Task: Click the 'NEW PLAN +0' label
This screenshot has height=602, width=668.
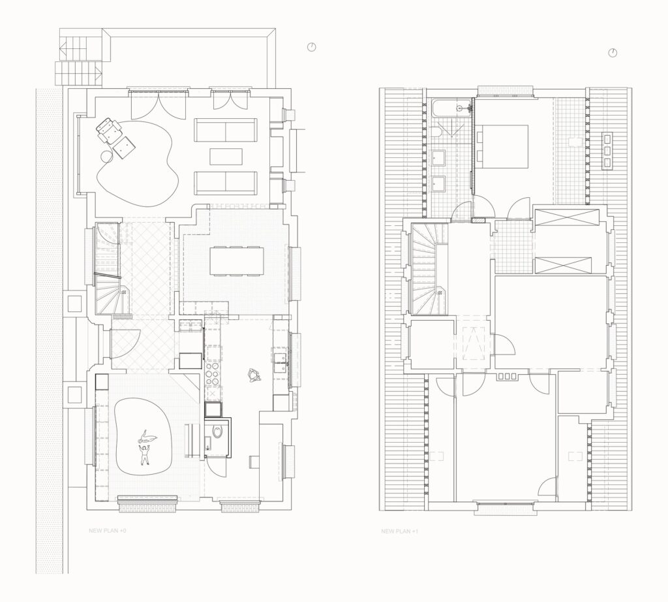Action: coord(107,531)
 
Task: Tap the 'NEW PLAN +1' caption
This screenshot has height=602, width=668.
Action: coord(399,531)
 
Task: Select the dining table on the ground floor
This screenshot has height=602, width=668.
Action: coord(235,261)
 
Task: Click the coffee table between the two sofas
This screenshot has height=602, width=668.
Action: coord(226,157)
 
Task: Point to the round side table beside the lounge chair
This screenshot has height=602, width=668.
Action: coord(106,156)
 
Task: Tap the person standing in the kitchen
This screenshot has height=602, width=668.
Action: coord(253,374)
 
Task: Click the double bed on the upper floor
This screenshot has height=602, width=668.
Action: coord(504,147)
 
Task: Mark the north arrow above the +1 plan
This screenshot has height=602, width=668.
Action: coord(613,53)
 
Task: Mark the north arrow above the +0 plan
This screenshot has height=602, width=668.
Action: coord(311,47)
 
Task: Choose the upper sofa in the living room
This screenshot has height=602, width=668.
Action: coord(226,131)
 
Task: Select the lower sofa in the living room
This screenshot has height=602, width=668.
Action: coord(226,182)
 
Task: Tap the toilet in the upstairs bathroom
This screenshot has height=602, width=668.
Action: coord(435,133)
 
